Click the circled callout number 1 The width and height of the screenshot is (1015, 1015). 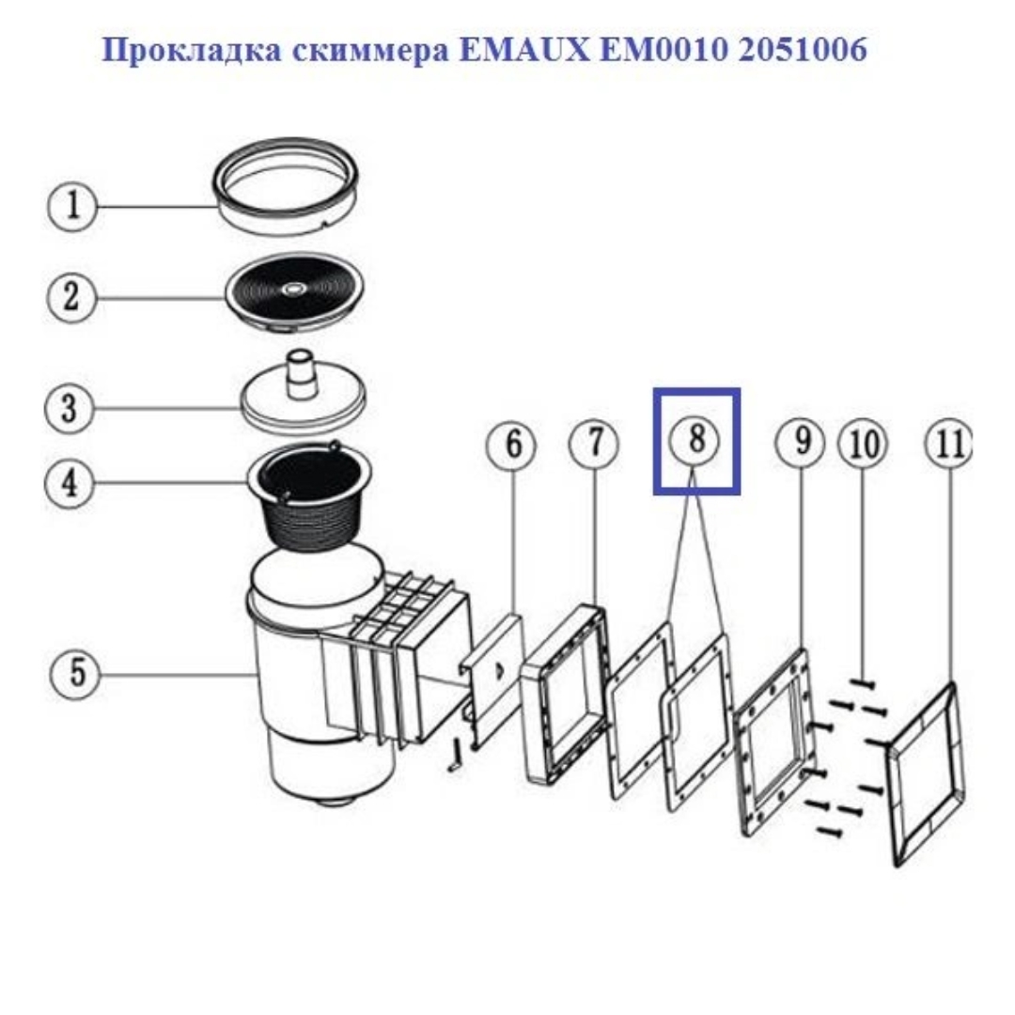click(72, 207)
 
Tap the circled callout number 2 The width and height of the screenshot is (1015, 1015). click(71, 297)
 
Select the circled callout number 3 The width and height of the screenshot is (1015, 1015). click(70, 409)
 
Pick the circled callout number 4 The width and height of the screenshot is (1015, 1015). click(70, 484)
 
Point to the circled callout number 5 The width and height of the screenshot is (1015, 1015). click(76, 673)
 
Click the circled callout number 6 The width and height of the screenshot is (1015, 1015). click(512, 444)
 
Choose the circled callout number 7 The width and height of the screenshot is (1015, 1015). click(594, 444)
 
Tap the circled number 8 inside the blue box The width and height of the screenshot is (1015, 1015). click(695, 440)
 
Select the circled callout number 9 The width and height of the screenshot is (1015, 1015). click(801, 443)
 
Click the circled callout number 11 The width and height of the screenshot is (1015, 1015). click(949, 444)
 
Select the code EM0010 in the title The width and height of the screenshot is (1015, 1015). click(664, 49)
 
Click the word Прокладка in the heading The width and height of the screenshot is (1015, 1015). click(192, 50)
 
